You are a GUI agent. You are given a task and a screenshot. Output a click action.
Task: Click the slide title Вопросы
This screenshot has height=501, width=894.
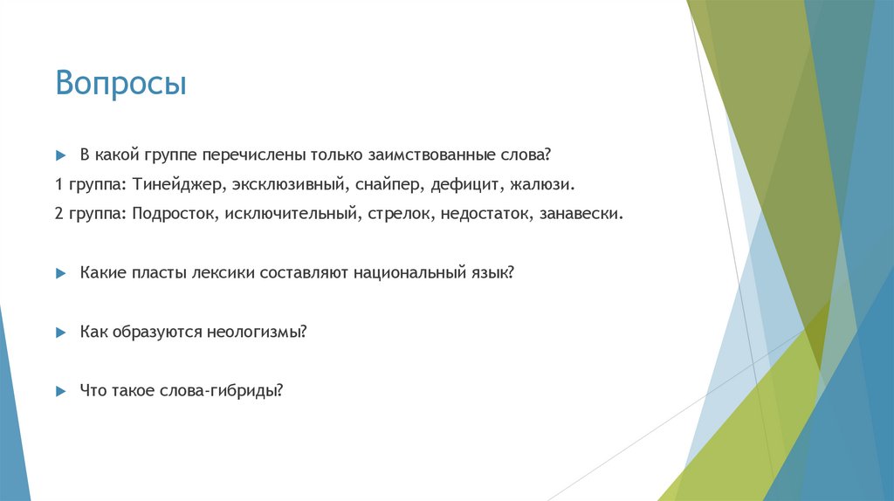click(x=121, y=84)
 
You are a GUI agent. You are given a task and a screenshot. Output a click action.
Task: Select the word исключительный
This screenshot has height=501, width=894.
click(x=292, y=214)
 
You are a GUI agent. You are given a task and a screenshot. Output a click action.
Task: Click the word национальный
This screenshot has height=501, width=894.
click(x=408, y=273)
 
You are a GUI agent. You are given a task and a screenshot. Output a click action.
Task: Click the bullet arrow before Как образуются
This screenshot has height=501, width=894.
click(x=60, y=333)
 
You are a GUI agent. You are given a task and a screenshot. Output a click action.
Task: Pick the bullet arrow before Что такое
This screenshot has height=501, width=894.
click(x=60, y=392)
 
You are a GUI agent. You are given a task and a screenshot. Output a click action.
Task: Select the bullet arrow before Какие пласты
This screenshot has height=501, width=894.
click(x=60, y=273)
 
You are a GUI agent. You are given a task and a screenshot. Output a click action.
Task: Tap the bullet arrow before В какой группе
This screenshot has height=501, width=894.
click(x=60, y=155)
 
